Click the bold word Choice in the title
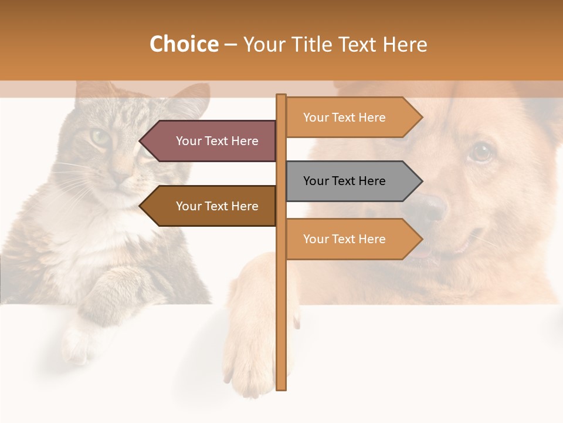[184, 44]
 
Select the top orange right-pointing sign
[352, 117]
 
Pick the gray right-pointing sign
[352, 181]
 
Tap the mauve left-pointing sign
[211, 141]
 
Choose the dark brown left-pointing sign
[211, 206]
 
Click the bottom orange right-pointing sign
[352, 239]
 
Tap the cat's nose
[121, 176]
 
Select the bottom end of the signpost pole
[281, 385]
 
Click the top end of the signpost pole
[281, 98]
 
